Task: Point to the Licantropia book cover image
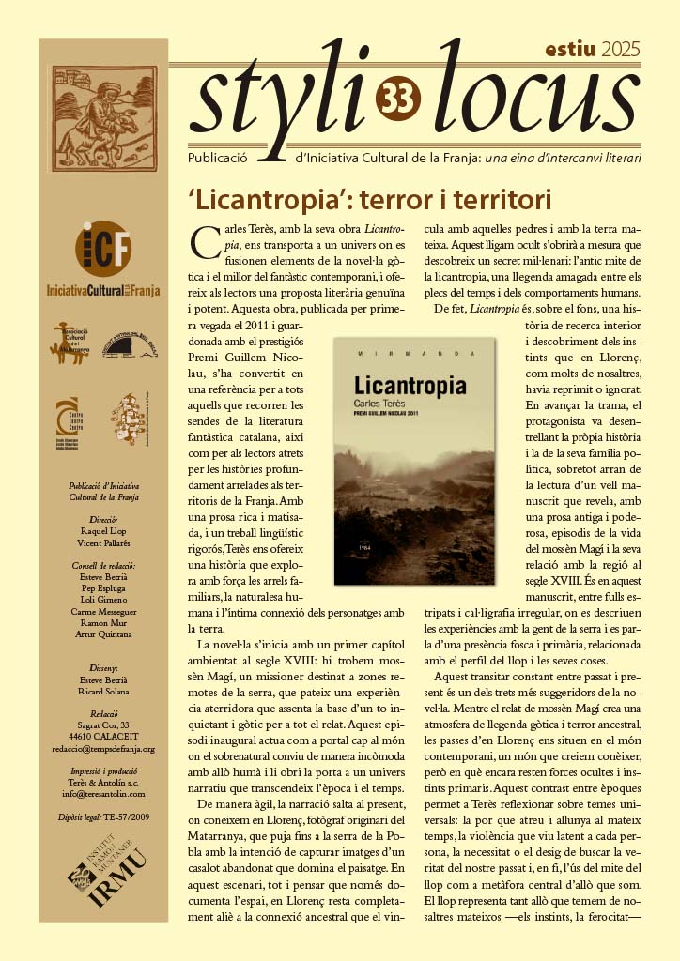click(x=414, y=462)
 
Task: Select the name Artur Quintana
click(x=104, y=634)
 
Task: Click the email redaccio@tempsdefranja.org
click(x=104, y=749)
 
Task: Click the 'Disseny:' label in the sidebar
click(x=104, y=669)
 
